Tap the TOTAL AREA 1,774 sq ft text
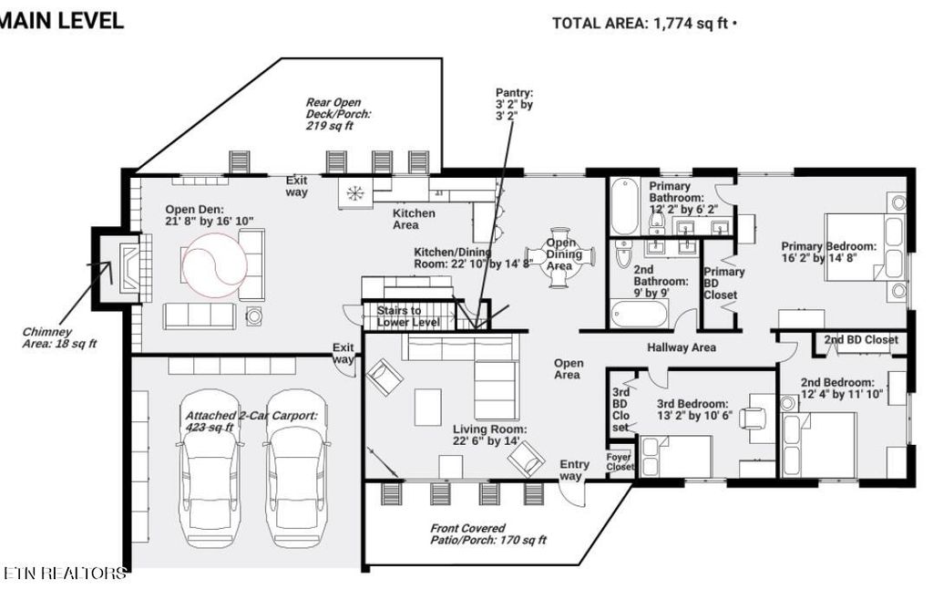[643, 24]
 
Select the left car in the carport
[211, 478]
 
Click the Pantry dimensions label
[514, 104]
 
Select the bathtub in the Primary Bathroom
[625, 208]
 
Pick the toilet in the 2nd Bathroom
[624, 257]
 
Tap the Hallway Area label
[681, 347]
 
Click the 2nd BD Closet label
[861, 340]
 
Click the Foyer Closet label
[620, 461]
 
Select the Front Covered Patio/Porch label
[487, 533]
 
